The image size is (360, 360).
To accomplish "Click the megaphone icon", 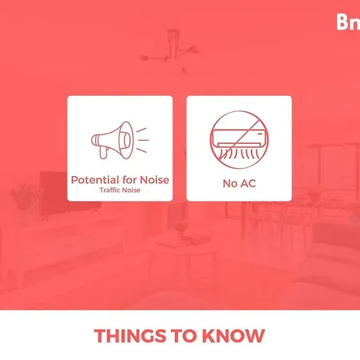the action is coord(120,140).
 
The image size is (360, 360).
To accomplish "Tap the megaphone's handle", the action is coord(103,153).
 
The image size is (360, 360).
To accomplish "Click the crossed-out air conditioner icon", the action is coord(239,139).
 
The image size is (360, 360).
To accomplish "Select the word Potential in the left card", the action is coord(95,180).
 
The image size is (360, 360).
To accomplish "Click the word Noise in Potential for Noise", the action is coord(154,180).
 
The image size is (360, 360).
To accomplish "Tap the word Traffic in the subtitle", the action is coord(108,190).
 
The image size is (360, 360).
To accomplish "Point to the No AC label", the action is coord(239,183).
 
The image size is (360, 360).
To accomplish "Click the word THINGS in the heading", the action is coord(130,336).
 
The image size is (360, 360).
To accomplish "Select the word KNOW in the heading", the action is coord(234,336).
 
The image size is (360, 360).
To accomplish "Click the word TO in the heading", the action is coord(184,336).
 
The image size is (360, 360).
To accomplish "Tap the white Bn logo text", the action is coord(348,22).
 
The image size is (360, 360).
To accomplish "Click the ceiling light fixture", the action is coord(170,50).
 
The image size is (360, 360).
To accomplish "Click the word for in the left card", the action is coord(130,180).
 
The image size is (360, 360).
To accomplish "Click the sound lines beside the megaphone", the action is coord(142,140).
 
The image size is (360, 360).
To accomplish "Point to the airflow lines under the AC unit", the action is coord(239,154).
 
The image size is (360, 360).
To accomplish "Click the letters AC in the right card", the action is coord(248,183).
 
